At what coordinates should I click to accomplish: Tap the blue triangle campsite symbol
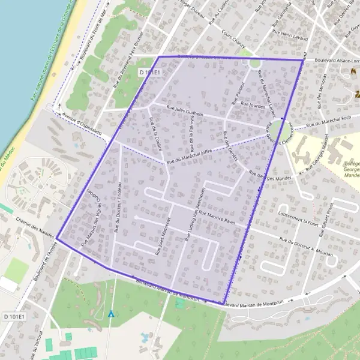click(x=111, y=313)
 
